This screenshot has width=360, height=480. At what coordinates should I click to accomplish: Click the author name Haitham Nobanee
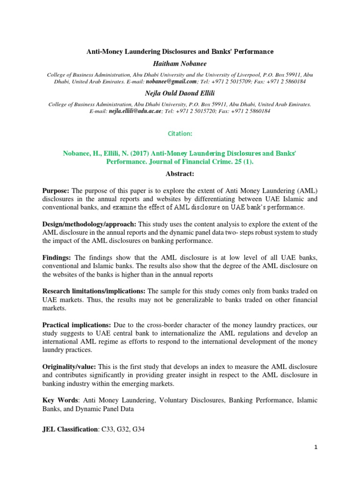[180, 63]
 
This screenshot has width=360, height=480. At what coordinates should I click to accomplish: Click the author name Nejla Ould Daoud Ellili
[180, 93]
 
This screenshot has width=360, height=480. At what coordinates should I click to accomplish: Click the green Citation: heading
[180, 134]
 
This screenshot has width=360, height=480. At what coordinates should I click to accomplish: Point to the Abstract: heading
[180, 173]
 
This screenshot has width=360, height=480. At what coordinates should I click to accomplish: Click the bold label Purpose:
[56, 191]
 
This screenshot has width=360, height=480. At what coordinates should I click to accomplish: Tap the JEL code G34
[138, 429]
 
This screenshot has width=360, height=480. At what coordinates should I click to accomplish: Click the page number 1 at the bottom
[316, 447]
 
